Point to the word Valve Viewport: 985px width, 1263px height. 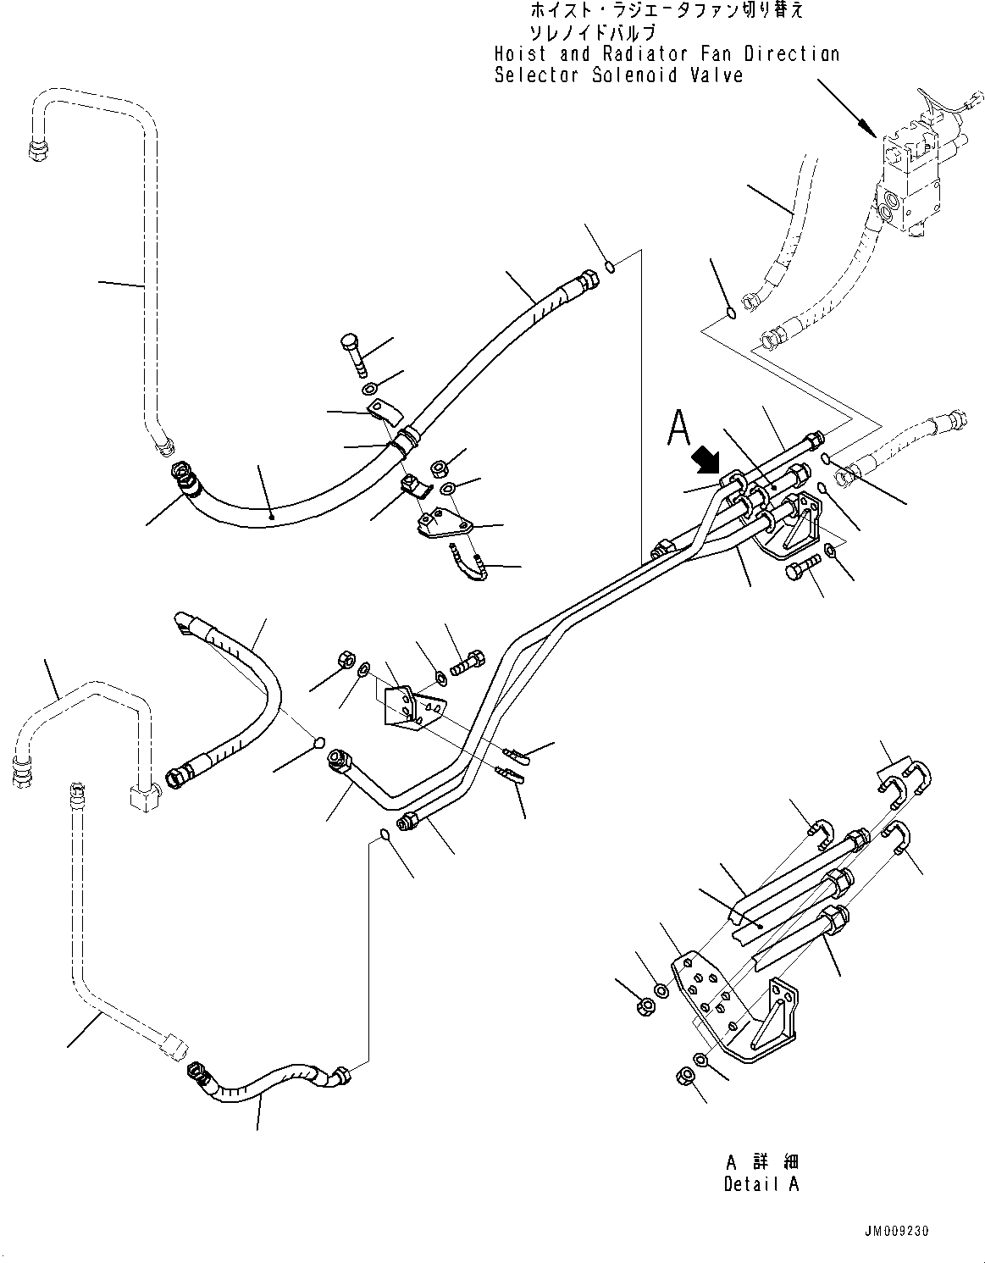pyautogui.click(x=717, y=75)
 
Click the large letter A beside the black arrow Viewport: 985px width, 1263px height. pyautogui.click(x=679, y=428)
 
